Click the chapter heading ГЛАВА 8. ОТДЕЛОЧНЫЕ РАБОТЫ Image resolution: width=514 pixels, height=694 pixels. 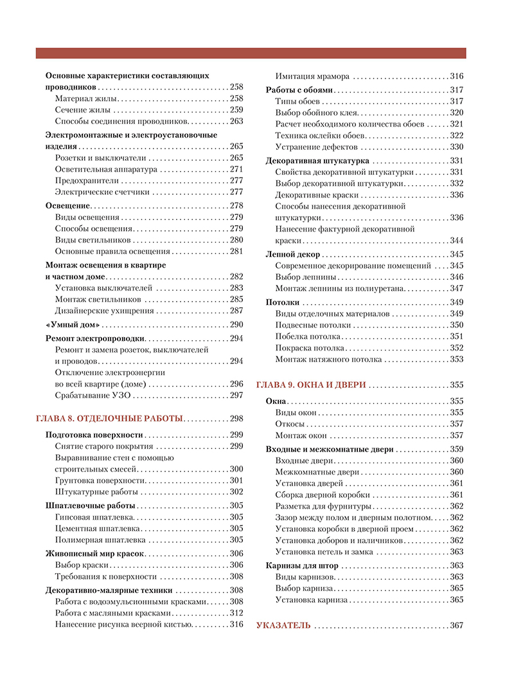[x=109, y=418]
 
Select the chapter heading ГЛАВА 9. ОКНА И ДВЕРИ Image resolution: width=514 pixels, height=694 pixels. [x=311, y=385]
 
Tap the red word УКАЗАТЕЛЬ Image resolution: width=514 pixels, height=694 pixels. [x=283, y=625]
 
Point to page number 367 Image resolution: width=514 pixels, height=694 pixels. [x=456, y=625]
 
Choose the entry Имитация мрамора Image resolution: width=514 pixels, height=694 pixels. [x=312, y=75]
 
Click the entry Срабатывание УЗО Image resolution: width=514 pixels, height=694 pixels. [x=95, y=395]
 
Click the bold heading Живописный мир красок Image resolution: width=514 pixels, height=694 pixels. [x=95, y=553]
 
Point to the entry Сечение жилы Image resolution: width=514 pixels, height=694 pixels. [x=82, y=110]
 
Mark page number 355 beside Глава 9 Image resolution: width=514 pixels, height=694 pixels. [x=456, y=385]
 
